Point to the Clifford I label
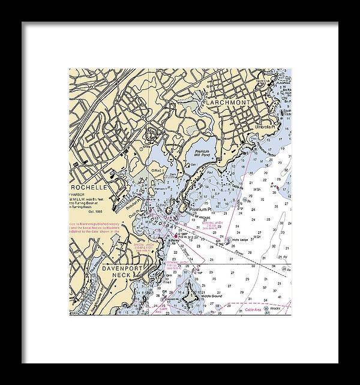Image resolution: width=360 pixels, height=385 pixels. coord(157,171)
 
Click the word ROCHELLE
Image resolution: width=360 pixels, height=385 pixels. coord(85,187)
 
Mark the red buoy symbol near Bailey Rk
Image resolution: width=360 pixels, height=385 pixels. coord(175,235)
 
